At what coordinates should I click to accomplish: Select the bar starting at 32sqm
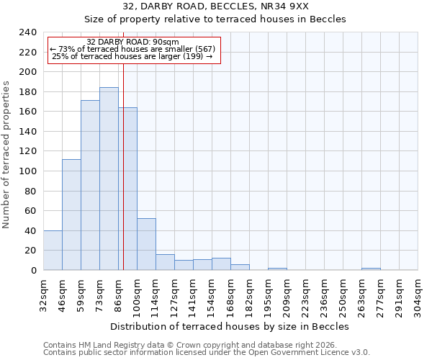point(53,250)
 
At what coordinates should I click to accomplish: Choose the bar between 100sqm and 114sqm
point(146,244)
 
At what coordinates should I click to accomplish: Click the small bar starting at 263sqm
point(371,269)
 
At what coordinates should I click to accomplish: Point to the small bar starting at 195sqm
point(277,269)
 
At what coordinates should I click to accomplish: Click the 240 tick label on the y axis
point(28,32)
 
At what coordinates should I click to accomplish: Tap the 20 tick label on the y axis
point(31,251)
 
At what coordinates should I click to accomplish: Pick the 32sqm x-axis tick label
point(43,294)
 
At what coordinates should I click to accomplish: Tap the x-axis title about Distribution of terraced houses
point(230,326)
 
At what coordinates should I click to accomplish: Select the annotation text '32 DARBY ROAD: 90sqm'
point(132,42)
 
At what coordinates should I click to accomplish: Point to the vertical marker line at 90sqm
point(123,166)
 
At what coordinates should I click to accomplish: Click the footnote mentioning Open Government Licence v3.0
point(207,353)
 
